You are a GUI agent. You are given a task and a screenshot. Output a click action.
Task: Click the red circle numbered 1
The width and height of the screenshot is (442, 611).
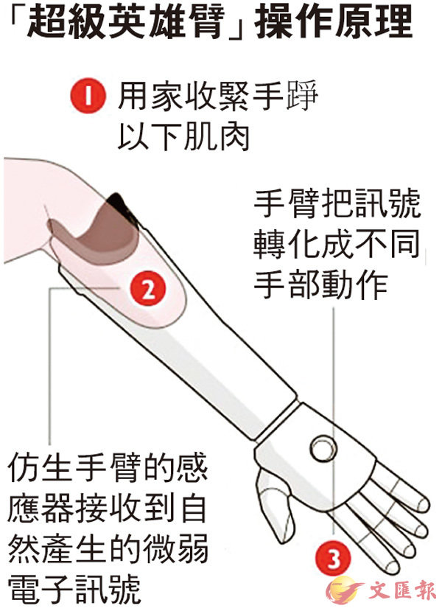[88, 96]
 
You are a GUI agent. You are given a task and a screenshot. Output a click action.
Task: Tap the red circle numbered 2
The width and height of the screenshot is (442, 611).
[148, 289]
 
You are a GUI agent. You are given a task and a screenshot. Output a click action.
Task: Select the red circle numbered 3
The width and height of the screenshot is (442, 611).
[334, 559]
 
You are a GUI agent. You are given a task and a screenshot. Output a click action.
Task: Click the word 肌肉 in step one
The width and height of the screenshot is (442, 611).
[216, 136]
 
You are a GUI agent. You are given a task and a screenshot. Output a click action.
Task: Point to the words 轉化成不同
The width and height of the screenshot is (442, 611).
[337, 243]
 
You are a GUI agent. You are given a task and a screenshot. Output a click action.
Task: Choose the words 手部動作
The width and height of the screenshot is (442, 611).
[320, 284]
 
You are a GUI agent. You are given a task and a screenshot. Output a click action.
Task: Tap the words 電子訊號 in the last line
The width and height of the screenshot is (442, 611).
[74, 588]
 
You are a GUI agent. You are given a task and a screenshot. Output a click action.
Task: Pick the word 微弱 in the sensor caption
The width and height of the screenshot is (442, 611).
[175, 548]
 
